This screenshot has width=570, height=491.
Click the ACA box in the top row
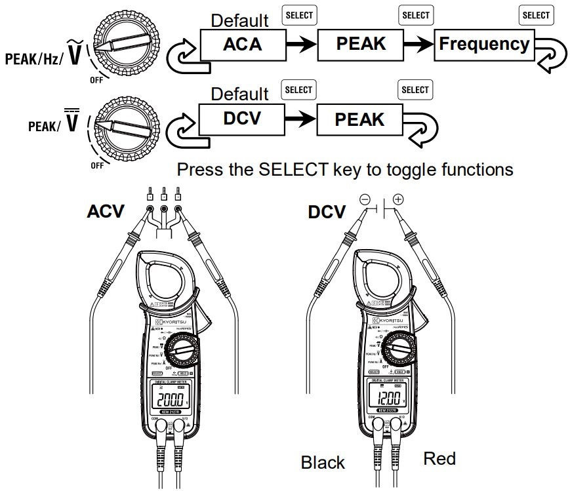(x=242, y=44)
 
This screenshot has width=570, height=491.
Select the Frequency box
(x=484, y=44)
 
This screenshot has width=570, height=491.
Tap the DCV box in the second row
(x=242, y=119)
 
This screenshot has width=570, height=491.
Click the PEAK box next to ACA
(x=360, y=44)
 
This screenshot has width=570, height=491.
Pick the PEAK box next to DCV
(x=360, y=119)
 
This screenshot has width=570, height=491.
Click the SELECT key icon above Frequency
(x=535, y=15)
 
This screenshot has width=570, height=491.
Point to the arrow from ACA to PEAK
(x=301, y=45)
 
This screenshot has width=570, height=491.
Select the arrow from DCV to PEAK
(x=301, y=119)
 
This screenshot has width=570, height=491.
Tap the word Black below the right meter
(x=323, y=462)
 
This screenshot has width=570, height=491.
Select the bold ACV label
(x=106, y=212)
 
